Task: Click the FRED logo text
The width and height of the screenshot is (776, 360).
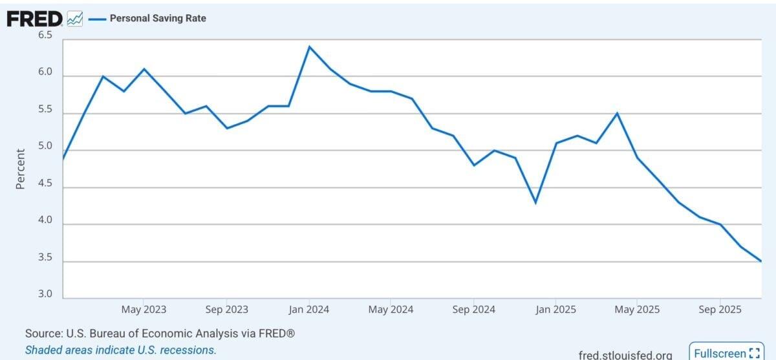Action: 34,19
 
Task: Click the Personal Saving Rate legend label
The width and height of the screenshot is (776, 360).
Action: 158,19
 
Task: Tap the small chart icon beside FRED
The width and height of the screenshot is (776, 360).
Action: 75,19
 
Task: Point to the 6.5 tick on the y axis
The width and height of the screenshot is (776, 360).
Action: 45,36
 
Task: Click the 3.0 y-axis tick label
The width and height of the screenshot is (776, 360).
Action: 45,294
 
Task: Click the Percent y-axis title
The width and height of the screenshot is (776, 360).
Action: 20,169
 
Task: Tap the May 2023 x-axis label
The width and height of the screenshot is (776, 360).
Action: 144,310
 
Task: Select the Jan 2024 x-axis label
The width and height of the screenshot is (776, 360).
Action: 308,310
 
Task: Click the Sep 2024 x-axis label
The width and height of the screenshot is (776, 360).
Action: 474,310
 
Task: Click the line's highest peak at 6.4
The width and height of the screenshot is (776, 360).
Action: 309,47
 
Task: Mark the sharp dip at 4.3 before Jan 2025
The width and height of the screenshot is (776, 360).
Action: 535,203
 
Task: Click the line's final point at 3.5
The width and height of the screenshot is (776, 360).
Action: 761,261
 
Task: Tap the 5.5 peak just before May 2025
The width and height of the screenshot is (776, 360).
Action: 618,113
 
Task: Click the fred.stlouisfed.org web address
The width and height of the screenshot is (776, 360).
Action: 625,355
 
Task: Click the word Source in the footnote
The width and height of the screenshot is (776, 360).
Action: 42,334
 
